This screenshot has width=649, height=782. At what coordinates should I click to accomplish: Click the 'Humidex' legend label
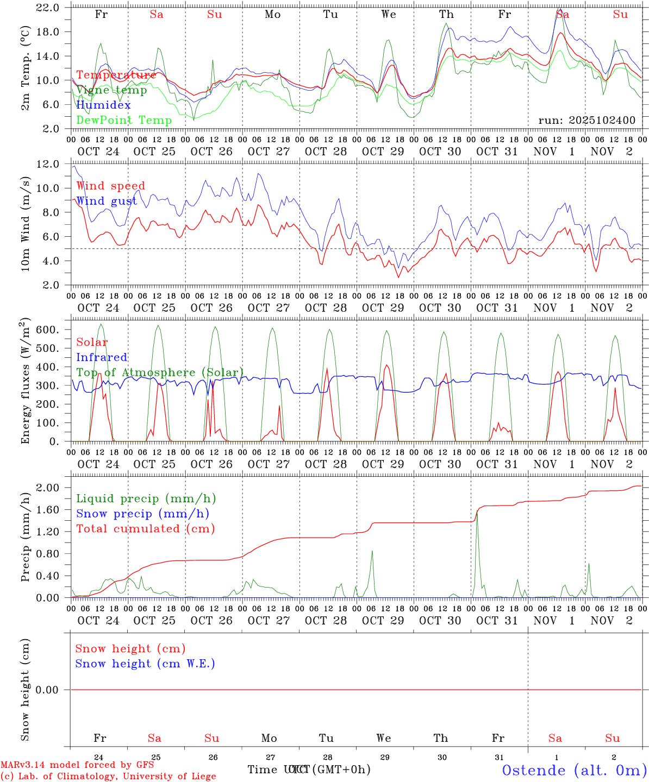(103, 105)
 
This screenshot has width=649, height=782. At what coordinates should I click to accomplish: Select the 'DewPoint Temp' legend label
(124, 120)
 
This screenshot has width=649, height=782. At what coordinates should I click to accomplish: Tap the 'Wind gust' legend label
(107, 201)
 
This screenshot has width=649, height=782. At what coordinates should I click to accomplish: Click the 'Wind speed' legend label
(110, 186)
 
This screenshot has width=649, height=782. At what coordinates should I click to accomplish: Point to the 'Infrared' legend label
(102, 357)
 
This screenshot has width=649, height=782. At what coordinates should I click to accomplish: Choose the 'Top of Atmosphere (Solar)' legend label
(159, 373)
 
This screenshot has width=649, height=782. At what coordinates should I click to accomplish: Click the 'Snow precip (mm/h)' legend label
(142, 514)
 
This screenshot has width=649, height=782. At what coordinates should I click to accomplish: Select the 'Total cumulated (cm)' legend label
(145, 528)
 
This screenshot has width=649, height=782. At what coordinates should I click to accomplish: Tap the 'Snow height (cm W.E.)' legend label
(145, 664)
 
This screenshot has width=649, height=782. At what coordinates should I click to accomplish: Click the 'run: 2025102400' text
(586, 120)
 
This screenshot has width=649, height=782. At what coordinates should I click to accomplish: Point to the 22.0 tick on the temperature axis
(48, 8)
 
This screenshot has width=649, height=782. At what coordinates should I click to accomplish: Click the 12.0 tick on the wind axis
(48, 164)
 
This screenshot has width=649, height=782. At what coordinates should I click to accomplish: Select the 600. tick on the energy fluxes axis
(48, 330)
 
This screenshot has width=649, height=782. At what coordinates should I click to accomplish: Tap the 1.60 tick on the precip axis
(48, 509)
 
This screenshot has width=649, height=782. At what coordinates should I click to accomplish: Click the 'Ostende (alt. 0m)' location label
(574, 770)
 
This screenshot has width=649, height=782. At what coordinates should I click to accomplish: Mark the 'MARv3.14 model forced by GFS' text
(77, 765)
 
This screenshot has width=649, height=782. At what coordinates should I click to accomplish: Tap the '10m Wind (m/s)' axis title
(25, 224)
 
